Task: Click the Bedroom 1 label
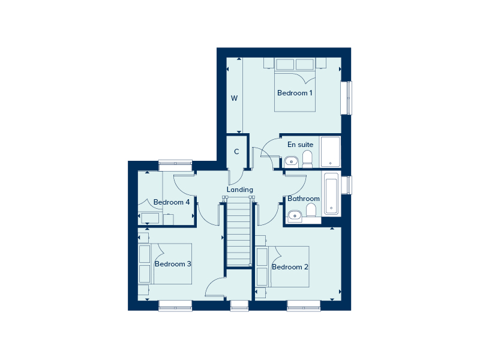tap(295, 93)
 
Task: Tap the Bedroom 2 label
tap(290, 267)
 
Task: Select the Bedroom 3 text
tap(173, 264)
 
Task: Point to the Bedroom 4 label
tap(172, 202)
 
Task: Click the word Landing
tap(239, 190)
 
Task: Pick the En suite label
tap(300, 145)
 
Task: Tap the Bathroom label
tap(303, 199)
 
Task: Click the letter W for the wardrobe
tap(235, 98)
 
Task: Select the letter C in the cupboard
tap(236, 152)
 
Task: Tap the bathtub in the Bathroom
tap(331, 194)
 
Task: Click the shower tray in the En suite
tap(330, 152)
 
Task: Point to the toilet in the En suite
tap(307, 159)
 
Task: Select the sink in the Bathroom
tap(294, 215)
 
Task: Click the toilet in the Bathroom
tap(311, 211)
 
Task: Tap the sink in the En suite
tap(291, 161)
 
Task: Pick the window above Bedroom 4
tap(175, 162)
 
